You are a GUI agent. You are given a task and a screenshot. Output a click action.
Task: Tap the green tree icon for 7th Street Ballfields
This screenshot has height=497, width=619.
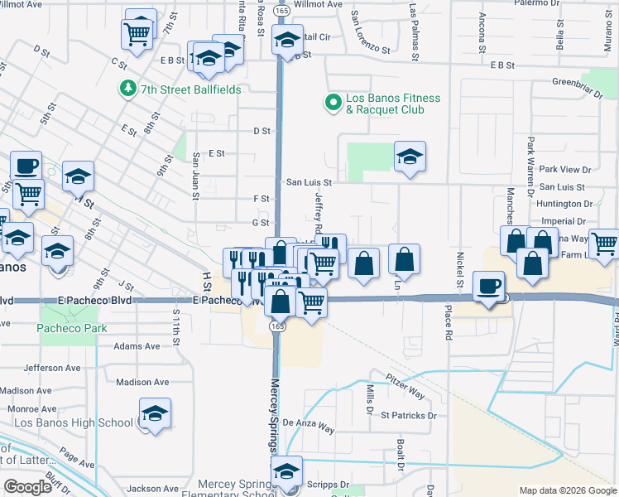[x=128, y=88]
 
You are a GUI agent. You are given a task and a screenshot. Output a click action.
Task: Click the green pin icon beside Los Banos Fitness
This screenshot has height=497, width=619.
[x=333, y=104]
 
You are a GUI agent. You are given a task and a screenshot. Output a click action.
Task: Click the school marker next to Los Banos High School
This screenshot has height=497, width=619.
[x=155, y=414]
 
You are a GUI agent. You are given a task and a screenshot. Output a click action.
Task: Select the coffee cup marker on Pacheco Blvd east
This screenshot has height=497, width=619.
[x=488, y=286]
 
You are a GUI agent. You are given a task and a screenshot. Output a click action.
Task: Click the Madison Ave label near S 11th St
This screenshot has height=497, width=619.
[x=142, y=382]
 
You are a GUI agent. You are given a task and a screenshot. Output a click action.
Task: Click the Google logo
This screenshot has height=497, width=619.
[x=27, y=487]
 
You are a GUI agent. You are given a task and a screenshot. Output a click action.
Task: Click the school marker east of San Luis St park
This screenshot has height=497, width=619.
[x=409, y=157]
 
